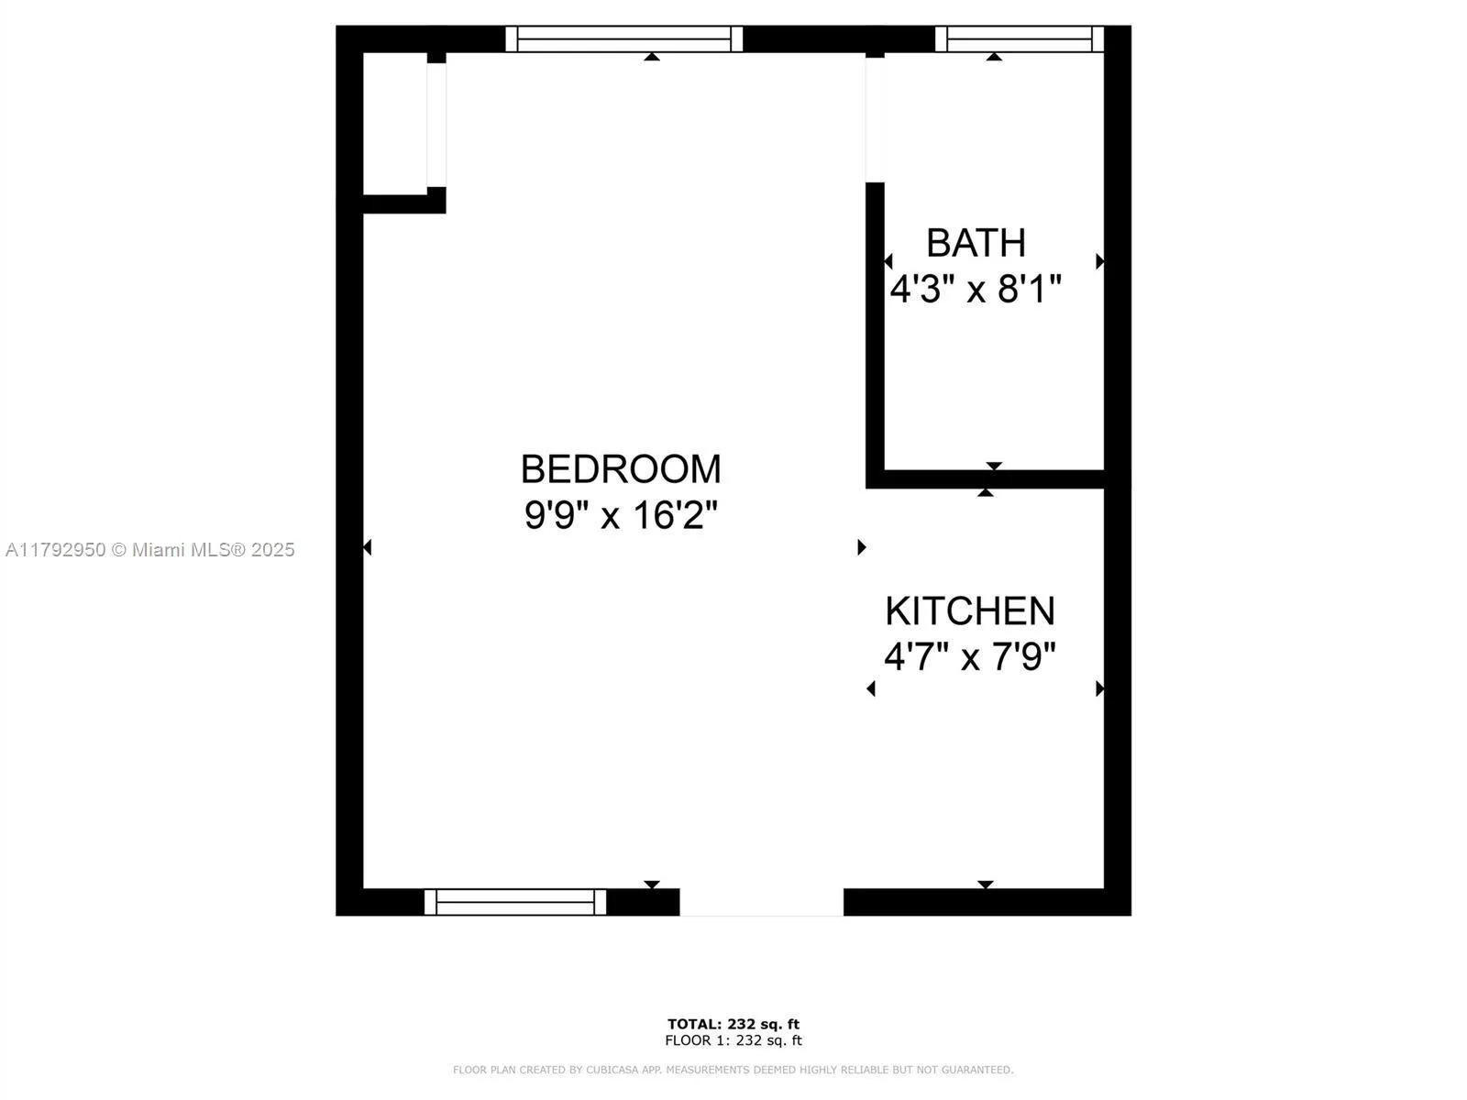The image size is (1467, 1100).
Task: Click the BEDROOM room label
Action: coord(621,469)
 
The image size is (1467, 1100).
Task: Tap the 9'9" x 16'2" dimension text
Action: coord(621,515)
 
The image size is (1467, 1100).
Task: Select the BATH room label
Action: coord(976,244)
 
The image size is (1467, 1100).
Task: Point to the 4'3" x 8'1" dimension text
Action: coord(976,290)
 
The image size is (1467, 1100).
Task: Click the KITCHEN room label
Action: coord(970,611)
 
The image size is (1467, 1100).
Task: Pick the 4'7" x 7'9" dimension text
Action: coord(970,657)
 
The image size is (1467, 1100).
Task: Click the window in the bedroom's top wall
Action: coord(623,39)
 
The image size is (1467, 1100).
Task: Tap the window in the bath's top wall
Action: coord(1019,39)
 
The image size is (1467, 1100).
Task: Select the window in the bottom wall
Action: coord(515,902)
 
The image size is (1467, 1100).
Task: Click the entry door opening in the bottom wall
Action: coord(761,902)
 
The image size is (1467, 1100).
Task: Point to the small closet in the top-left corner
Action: coord(395,124)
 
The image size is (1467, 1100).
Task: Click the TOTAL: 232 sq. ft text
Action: coord(733,1024)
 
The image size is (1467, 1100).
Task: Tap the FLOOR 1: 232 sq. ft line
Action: coord(733,1040)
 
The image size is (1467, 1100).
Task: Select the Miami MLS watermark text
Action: coord(150,550)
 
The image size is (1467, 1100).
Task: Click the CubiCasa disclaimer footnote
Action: coord(733,1070)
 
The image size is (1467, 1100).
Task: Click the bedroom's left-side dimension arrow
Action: coord(368,547)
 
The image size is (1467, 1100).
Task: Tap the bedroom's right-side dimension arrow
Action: coord(861,547)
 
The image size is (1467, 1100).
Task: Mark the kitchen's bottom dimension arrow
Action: coord(986,885)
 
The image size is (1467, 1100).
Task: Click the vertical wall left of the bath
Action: coord(875,330)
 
